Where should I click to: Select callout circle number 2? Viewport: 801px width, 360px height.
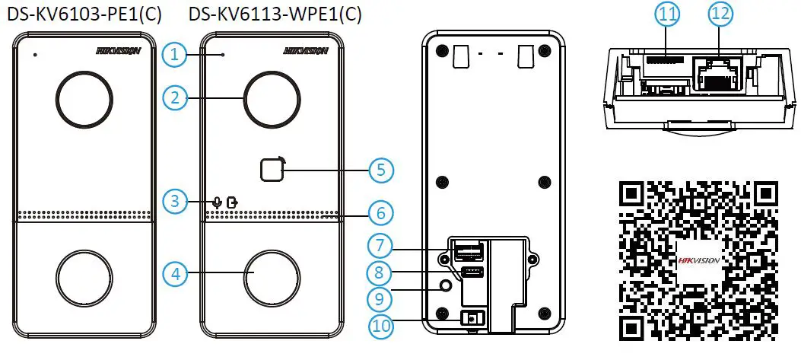tap(175, 97)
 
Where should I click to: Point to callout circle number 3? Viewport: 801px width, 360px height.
tap(175, 202)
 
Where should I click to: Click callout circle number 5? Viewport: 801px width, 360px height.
tap(382, 170)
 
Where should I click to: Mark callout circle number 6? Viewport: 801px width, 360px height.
tap(382, 213)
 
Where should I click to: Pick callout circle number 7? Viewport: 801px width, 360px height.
tap(382, 246)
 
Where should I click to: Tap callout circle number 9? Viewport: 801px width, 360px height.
tap(382, 298)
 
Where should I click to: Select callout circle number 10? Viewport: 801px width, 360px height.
tap(382, 326)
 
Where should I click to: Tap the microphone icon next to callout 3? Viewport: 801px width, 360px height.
tap(217, 202)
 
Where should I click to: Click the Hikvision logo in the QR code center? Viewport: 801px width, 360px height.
tap(698, 260)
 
